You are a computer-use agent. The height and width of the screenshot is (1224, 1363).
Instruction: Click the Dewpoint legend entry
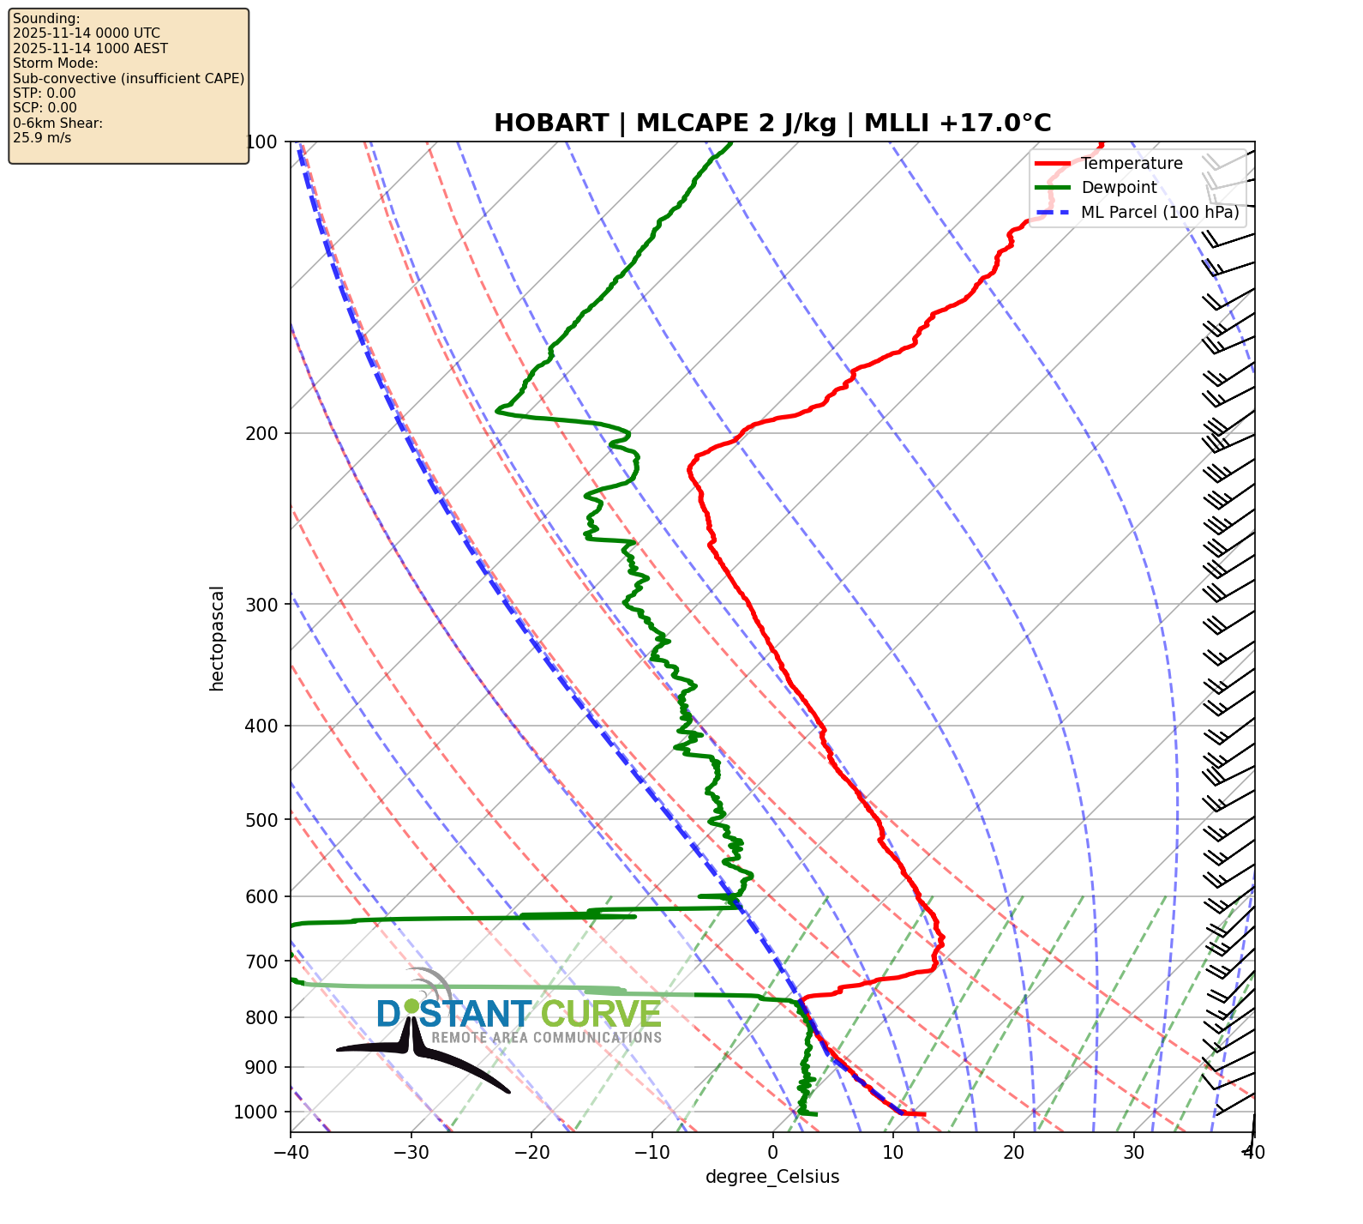pyautogui.click(x=1119, y=188)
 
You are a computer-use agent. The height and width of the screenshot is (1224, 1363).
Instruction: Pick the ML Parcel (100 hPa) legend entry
pyautogui.click(x=1160, y=213)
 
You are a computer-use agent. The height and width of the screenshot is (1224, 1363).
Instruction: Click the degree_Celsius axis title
pyautogui.click(x=772, y=1177)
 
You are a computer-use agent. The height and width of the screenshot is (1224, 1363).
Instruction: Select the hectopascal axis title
pyautogui.click(x=217, y=638)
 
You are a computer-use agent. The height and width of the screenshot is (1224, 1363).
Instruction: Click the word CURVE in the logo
pyautogui.click(x=601, y=1015)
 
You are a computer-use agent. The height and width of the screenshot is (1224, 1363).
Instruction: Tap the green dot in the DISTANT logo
pyautogui.click(x=411, y=1005)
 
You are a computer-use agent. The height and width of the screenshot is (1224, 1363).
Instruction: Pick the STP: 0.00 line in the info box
pyautogui.click(x=45, y=93)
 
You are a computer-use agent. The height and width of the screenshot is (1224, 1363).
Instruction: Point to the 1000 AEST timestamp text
pyautogui.click(x=90, y=49)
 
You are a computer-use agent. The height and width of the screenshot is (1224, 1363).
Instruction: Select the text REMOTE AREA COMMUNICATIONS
pyautogui.click(x=546, y=1038)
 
